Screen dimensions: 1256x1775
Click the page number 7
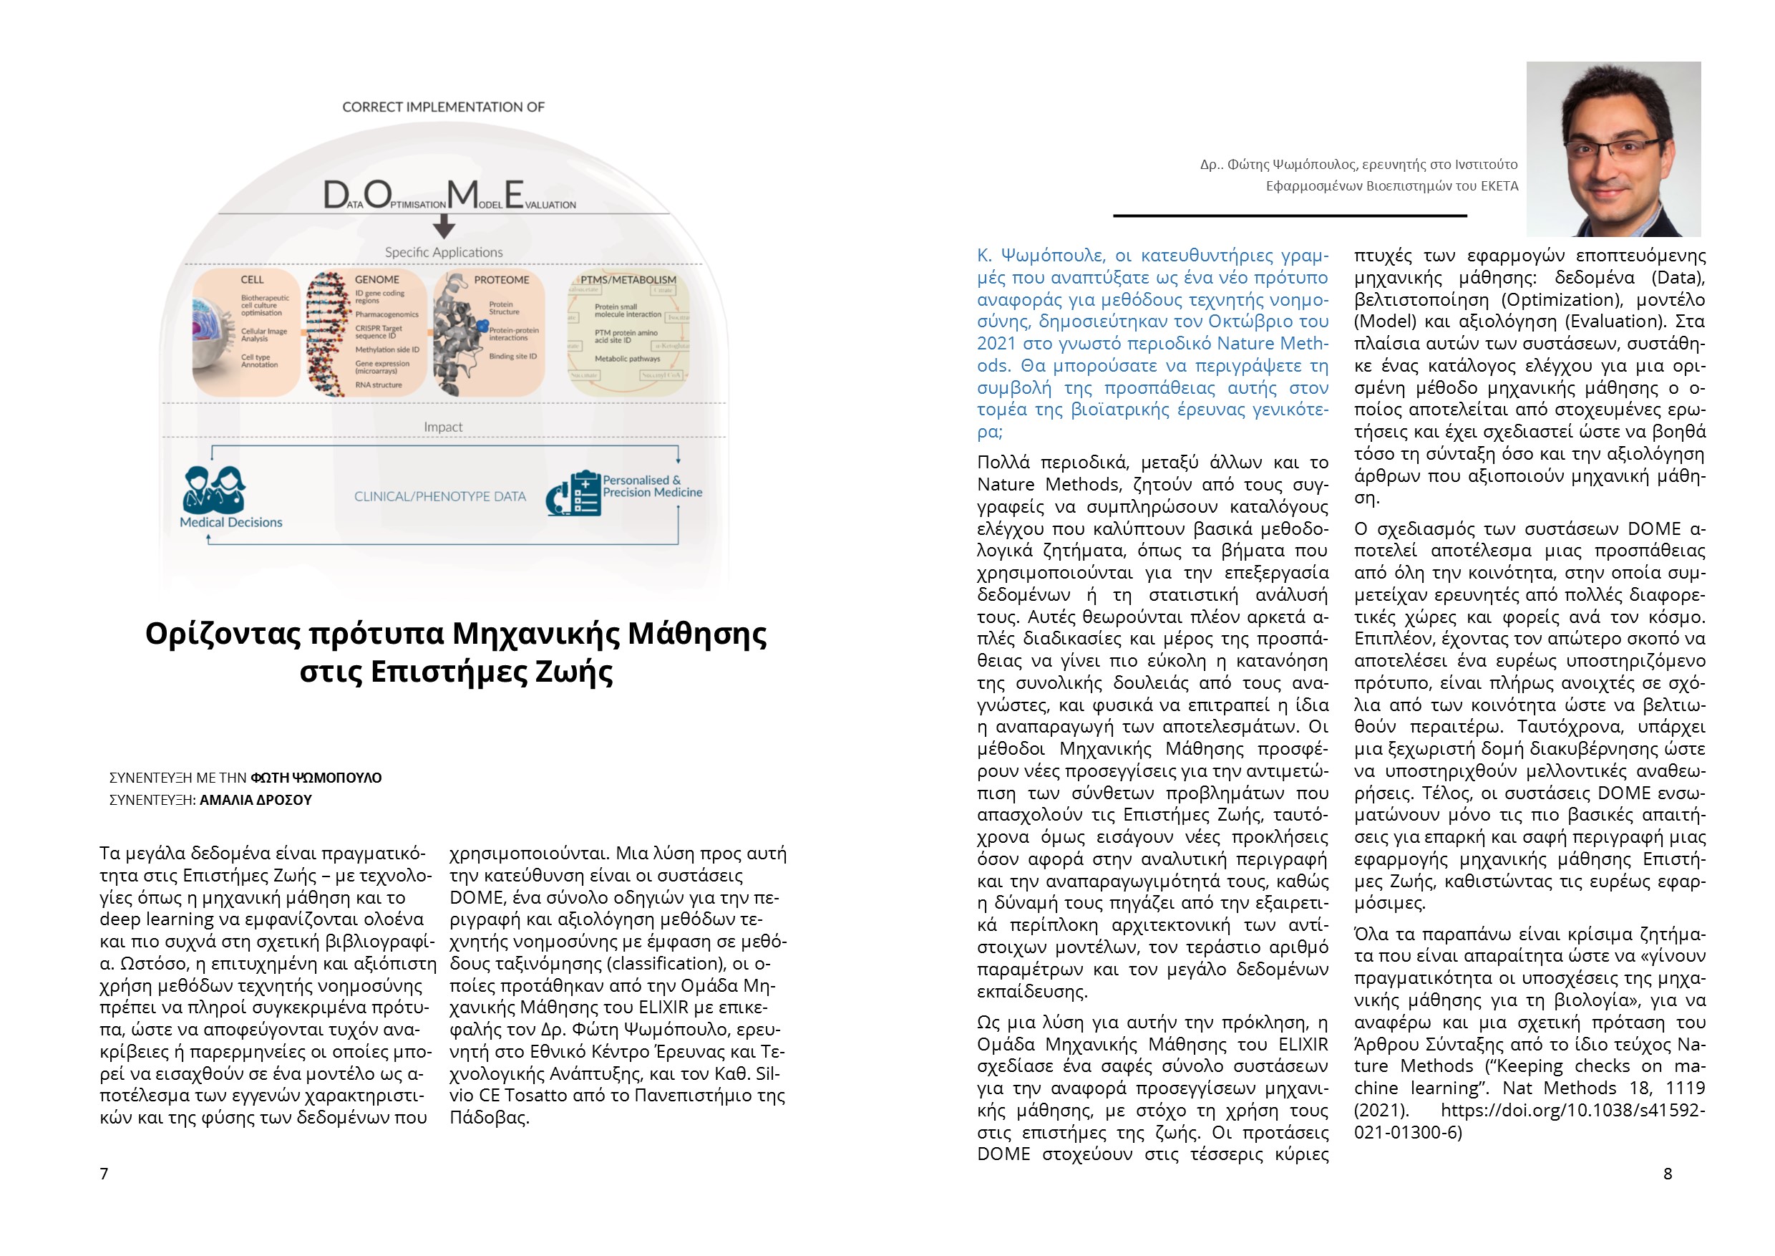coord(104,1173)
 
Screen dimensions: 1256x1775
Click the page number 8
coord(1668,1173)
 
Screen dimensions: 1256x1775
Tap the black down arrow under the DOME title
coord(444,226)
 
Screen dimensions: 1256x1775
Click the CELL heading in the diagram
coord(252,279)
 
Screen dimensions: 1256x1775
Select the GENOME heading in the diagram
coord(376,279)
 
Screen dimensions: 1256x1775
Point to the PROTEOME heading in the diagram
coord(502,279)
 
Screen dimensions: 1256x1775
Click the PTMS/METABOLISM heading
coord(628,279)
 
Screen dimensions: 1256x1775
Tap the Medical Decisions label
coord(231,522)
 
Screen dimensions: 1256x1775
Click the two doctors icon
coord(213,489)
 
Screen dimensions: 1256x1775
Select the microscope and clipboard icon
coord(573,493)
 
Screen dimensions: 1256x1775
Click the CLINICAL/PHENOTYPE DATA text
coord(440,496)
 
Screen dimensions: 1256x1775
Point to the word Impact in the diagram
coord(443,427)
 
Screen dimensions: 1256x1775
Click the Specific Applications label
coord(444,252)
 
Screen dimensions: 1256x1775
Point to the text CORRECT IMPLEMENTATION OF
coord(444,107)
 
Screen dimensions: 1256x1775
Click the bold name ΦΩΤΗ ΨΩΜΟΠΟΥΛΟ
coord(316,777)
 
